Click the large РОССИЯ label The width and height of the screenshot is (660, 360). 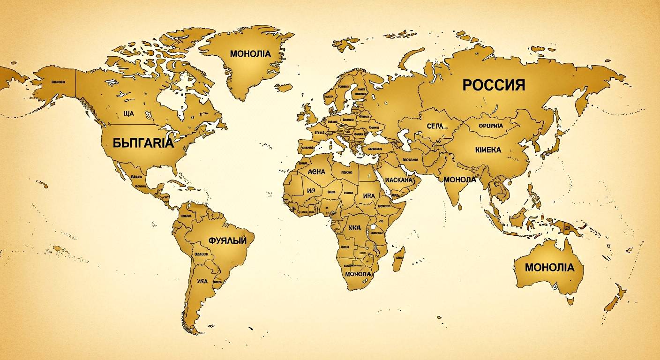point(494,85)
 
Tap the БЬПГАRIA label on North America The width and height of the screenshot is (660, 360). point(143,143)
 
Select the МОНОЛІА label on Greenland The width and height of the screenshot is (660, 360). point(250,54)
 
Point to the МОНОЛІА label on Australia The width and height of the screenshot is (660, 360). point(549,268)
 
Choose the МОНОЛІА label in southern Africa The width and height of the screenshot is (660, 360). point(358,273)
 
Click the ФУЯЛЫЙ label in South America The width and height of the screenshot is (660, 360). point(227,240)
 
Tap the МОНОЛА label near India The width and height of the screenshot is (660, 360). point(459,180)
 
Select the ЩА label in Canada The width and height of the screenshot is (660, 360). point(128,113)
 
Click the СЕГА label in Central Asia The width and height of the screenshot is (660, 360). point(437,126)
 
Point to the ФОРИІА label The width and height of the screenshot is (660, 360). point(490,126)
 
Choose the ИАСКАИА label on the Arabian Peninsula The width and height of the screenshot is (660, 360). point(398,180)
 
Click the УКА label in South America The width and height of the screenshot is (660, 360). point(202,281)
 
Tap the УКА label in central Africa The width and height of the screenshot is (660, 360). point(355,228)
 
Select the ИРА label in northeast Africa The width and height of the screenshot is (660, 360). point(368,195)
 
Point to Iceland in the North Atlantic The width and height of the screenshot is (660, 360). point(284,87)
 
